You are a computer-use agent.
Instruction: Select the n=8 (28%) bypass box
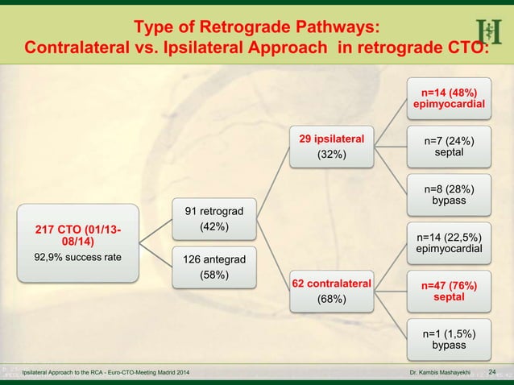(449, 194)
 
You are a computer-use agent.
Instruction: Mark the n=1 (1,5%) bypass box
(449, 339)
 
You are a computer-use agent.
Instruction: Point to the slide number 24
(494, 373)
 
